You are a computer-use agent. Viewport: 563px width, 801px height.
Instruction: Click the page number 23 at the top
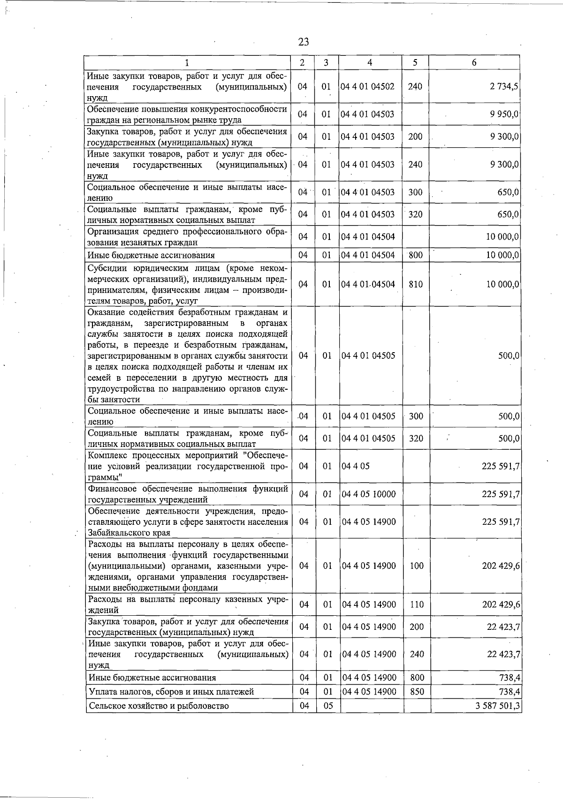tap(304, 42)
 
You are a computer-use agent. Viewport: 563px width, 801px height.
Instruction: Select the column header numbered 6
tap(474, 63)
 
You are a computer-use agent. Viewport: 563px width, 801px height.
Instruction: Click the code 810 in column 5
tap(416, 284)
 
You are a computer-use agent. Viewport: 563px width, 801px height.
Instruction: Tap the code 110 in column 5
tap(417, 605)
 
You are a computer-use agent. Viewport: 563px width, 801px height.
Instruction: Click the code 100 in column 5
tap(417, 566)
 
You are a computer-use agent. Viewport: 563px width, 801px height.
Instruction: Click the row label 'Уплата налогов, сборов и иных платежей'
tap(171, 692)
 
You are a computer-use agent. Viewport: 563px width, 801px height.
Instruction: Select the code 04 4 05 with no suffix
tap(356, 466)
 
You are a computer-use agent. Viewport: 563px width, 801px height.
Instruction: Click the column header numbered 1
tap(187, 63)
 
